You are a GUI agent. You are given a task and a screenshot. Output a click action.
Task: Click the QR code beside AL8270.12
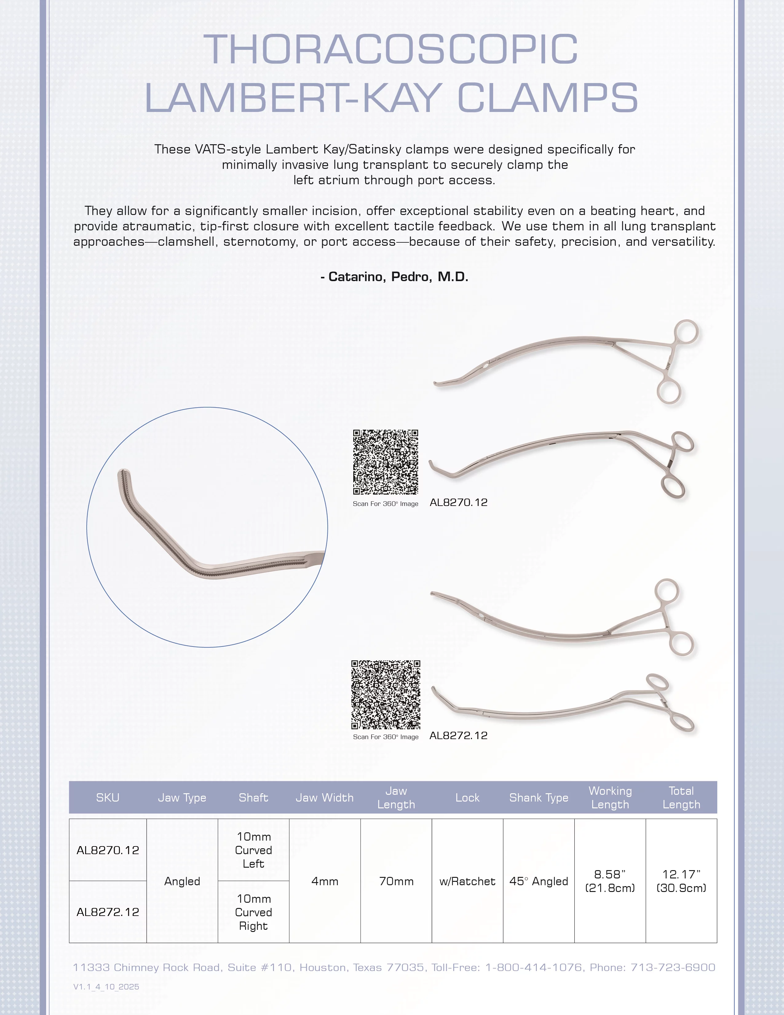tap(386, 462)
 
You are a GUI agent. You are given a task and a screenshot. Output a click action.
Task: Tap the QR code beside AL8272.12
tap(386, 694)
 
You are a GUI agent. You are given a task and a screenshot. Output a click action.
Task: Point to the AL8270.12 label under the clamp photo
tap(458, 502)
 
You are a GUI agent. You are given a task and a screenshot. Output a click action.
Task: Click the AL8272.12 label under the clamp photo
tap(458, 735)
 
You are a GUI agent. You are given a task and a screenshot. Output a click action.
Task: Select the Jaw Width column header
tap(325, 798)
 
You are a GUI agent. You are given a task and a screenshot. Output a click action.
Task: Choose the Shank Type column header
tap(539, 798)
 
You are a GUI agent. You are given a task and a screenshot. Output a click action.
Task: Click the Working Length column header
tap(610, 798)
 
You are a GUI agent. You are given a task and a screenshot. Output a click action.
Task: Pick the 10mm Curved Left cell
tap(254, 850)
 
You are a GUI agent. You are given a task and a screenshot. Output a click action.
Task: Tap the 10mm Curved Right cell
tap(254, 912)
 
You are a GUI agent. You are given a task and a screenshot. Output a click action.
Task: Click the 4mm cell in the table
tap(325, 881)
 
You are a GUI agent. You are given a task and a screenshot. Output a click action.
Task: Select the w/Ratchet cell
tap(467, 881)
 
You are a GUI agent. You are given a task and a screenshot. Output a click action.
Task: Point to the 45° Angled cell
tap(539, 881)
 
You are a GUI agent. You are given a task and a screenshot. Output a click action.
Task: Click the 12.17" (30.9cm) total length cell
tap(681, 881)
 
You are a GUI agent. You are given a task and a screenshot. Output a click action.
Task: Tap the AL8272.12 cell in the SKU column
tap(108, 912)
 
